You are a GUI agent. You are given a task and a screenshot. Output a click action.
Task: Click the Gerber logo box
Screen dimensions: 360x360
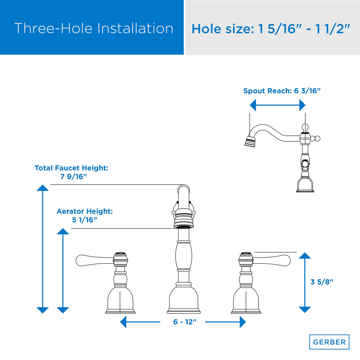[329, 342]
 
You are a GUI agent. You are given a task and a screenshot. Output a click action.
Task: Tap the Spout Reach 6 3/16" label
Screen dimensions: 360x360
[282, 91]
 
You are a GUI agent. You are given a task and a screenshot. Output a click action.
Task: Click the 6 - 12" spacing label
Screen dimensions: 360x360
[185, 322]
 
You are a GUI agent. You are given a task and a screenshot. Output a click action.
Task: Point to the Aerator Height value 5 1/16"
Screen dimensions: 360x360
[84, 220]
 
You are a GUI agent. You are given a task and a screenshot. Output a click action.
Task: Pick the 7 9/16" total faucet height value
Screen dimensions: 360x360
[73, 177]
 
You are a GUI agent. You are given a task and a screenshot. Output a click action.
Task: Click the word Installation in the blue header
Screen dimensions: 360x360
[135, 28]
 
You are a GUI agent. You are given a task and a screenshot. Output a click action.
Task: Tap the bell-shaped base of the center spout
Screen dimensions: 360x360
[184, 300]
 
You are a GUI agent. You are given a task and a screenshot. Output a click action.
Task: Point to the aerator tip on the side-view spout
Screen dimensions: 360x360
[250, 142]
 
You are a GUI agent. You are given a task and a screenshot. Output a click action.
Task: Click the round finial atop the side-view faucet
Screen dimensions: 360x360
[305, 127]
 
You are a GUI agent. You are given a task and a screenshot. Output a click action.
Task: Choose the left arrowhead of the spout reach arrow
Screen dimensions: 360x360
[253, 105]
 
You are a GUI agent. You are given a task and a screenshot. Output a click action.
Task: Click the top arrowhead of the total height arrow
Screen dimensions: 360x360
[42, 188]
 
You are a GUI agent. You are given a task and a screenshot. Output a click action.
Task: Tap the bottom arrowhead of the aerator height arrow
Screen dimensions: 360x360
[63, 310]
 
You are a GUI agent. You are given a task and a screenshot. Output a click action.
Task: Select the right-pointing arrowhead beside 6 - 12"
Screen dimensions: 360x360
[243, 322]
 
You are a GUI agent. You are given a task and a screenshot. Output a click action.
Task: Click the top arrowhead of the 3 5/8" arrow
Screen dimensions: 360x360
[305, 256]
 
